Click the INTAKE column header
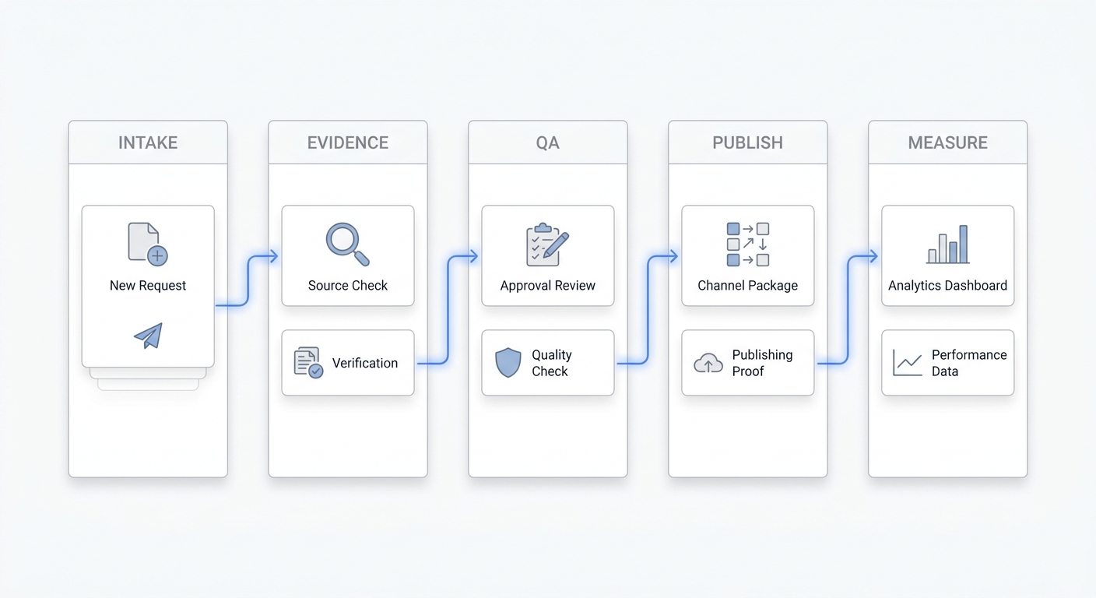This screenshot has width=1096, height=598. (148, 142)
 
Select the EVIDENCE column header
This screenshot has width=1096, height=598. (348, 142)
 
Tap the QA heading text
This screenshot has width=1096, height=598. (547, 142)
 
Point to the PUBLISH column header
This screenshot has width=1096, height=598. (747, 142)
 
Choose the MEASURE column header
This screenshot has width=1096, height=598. (948, 142)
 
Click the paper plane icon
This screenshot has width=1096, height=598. (148, 336)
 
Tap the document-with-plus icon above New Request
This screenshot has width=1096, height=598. (147, 244)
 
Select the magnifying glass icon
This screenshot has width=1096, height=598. (347, 244)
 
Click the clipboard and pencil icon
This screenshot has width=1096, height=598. (547, 244)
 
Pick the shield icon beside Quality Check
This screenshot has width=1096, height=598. (508, 363)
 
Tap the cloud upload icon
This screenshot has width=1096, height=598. (708, 363)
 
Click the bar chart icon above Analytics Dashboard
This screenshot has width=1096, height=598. (948, 244)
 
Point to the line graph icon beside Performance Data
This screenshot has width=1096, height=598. (908, 363)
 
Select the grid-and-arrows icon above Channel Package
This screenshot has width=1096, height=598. (747, 244)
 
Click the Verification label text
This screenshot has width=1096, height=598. (365, 363)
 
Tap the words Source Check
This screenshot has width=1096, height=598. (348, 285)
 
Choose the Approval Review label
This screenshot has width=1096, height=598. (547, 285)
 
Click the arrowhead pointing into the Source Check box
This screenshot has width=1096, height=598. (274, 256)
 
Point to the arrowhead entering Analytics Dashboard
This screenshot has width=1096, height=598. (873, 256)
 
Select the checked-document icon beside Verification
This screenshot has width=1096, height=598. (308, 363)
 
